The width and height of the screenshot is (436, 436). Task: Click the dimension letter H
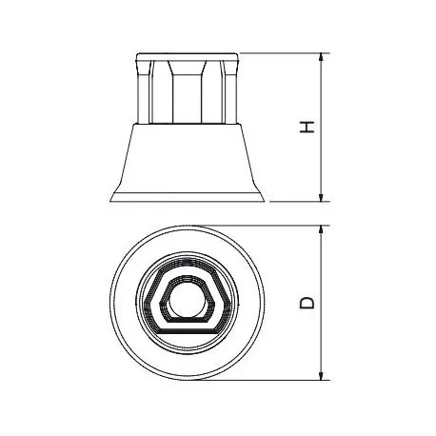pyautogui.click(x=307, y=128)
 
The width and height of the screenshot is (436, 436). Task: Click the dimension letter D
pyautogui.click(x=307, y=302)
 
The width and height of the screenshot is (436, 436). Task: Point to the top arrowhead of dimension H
pyautogui.click(x=321, y=58)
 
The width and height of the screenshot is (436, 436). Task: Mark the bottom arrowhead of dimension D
pyautogui.click(x=321, y=378)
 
